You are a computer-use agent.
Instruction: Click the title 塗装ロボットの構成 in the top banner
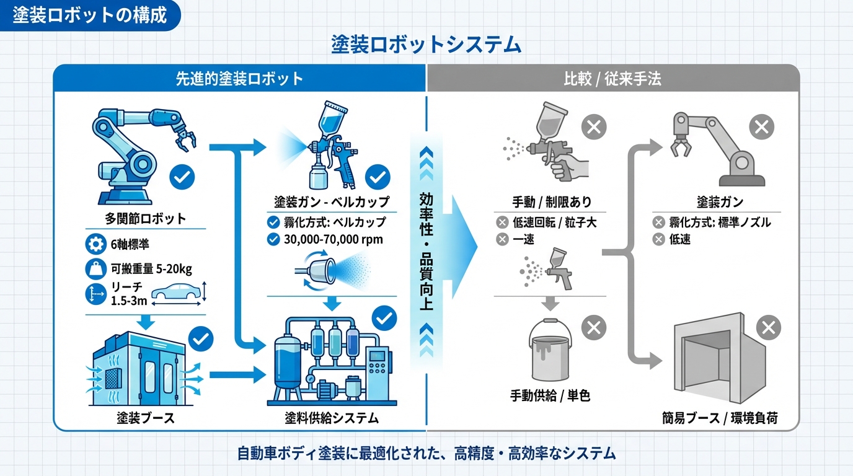[x=90, y=15]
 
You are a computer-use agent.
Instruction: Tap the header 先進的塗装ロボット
[x=239, y=79]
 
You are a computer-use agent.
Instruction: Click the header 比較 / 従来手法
[x=612, y=79]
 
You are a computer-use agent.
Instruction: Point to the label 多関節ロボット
[x=146, y=218]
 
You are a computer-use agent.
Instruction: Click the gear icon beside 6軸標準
[x=95, y=244]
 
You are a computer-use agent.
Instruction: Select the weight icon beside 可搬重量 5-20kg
[x=95, y=269]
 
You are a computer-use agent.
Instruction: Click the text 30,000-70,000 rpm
[x=333, y=239]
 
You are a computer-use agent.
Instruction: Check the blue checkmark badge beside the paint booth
[x=200, y=338]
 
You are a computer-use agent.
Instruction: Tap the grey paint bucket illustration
[x=550, y=351]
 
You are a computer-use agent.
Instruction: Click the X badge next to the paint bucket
[x=593, y=327]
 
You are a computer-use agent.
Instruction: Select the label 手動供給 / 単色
[x=550, y=395]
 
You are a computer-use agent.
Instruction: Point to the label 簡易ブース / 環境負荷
[x=719, y=418]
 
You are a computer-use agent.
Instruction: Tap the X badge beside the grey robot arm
[x=762, y=128]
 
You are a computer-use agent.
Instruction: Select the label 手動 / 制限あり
[x=551, y=202]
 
